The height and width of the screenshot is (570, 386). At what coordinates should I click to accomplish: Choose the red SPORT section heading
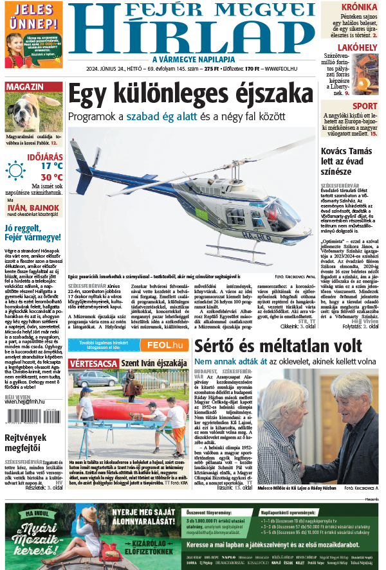pyautogui.click(x=365, y=106)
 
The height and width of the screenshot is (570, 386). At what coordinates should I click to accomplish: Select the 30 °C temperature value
pyautogui.click(x=51, y=177)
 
